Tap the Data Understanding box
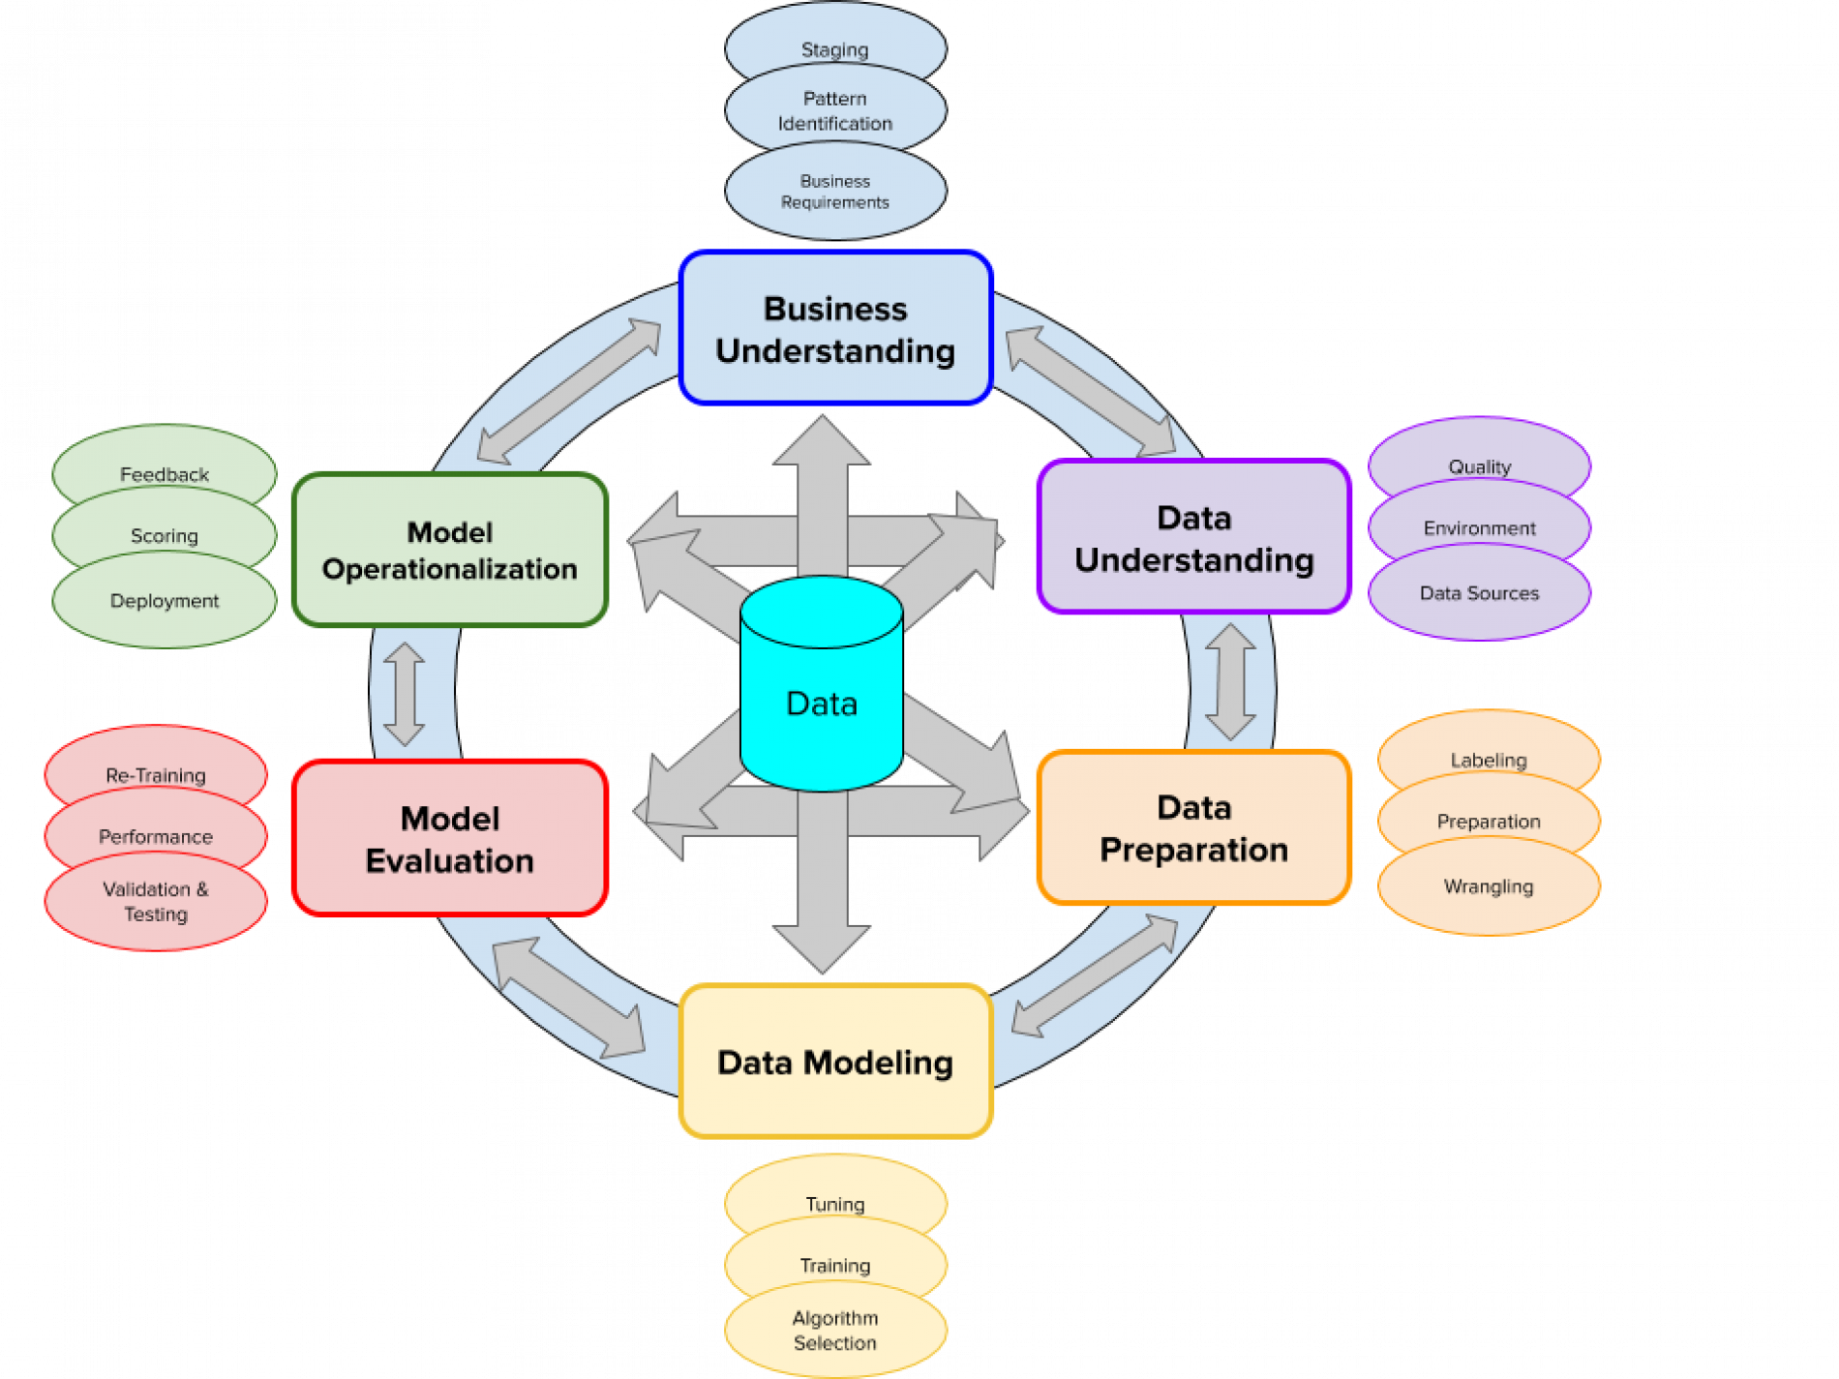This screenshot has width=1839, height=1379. [1193, 538]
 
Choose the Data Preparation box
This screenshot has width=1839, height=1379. [1193, 828]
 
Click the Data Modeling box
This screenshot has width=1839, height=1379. [835, 1062]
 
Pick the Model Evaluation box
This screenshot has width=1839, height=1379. [449, 839]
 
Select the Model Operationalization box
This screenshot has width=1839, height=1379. [449, 550]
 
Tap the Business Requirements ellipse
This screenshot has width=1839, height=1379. [834, 194]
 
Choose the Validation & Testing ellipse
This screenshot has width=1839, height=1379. [155, 904]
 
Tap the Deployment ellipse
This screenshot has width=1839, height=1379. [164, 604]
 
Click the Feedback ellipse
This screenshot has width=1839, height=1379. [164, 464]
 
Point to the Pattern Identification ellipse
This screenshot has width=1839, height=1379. [834, 110]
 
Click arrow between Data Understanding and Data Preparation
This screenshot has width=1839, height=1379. [1230, 682]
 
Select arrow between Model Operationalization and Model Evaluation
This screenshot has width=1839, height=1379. [404, 694]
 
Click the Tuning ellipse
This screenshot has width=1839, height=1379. [834, 1193]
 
